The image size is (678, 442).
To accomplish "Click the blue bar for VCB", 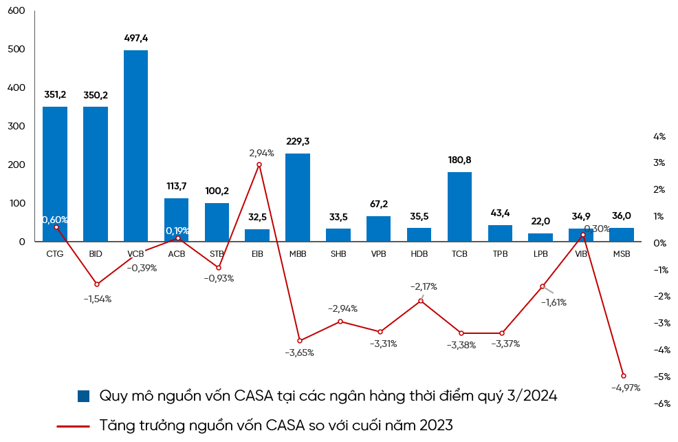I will point(135,145).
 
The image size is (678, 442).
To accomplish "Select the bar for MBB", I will point(298,197).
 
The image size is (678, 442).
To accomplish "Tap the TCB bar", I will point(459,207).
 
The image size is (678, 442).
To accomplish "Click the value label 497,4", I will point(135,38).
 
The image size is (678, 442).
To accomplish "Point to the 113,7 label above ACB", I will point(176,186).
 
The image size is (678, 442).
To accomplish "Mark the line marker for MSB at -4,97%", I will point(623,376).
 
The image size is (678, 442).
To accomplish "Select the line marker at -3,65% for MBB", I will point(299,340).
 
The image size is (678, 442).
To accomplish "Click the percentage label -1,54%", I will point(97,299).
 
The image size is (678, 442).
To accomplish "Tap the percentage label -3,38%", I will point(461,345).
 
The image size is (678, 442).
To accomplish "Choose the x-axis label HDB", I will point(419,254).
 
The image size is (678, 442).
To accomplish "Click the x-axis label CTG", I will point(54,254).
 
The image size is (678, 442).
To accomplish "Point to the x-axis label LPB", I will point(540,254).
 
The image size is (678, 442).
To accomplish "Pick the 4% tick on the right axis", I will point(659,136).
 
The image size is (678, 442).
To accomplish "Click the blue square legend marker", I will point(84,396).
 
